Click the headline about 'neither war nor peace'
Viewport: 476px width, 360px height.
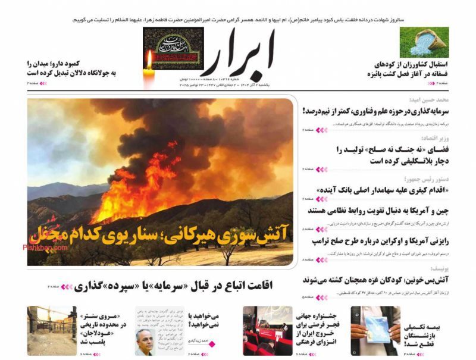coord(387,155)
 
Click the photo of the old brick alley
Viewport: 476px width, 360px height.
coord(51,331)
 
